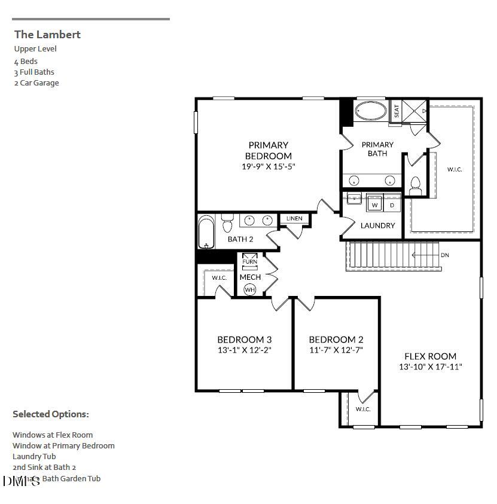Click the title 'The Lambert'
[x=47, y=35]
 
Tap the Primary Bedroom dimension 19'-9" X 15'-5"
[x=269, y=167]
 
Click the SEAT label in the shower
[x=395, y=111]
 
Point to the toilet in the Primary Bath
[x=416, y=185]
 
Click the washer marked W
[x=375, y=204]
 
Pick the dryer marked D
[x=392, y=204]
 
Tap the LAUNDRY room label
[x=377, y=225]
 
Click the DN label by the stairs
[x=444, y=255]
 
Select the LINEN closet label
[x=294, y=219]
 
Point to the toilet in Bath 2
[x=227, y=224]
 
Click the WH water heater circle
[x=249, y=289]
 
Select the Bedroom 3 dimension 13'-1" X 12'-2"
[x=245, y=350]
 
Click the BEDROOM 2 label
[x=336, y=339]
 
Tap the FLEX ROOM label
[x=430, y=356]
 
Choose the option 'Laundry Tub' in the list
[x=34, y=456]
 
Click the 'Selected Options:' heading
[x=51, y=414]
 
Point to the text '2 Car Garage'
[x=36, y=83]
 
